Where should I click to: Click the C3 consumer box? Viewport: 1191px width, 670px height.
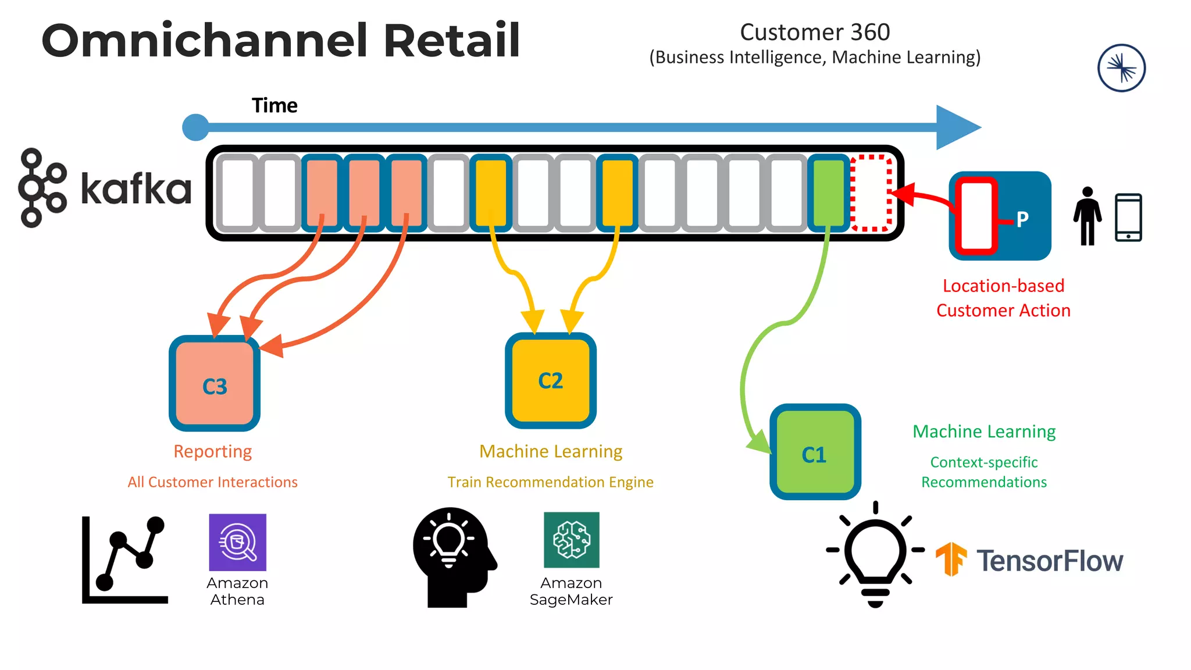tap(214, 384)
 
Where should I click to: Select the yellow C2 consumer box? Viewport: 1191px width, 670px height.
tap(550, 380)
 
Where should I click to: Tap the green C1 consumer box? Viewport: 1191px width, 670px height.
tap(814, 452)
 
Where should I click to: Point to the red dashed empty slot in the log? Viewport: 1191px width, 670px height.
tap(871, 193)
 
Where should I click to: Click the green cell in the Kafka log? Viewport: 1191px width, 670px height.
tap(828, 193)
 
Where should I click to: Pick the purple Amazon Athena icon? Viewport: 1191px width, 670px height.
tap(237, 542)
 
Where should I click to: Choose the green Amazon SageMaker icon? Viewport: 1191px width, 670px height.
tap(571, 540)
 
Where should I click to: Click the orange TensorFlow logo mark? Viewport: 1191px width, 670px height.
tap(951, 559)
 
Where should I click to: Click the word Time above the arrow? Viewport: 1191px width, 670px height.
tap(274, 106)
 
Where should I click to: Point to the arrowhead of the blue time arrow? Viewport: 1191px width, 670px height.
tap(957, 127)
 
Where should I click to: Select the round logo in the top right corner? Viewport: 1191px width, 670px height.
tap(1121, 68)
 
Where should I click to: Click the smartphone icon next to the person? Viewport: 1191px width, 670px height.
tap(1128, 218)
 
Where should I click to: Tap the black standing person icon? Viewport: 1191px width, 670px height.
tap(1087, 216)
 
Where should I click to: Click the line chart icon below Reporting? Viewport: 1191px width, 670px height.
tap(124, 559)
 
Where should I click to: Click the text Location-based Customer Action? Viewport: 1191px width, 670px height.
tap(1003, 298)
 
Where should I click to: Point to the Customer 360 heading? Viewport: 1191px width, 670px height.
tap(815, 33)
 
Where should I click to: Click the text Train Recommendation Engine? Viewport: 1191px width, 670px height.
tap(550, 482)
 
